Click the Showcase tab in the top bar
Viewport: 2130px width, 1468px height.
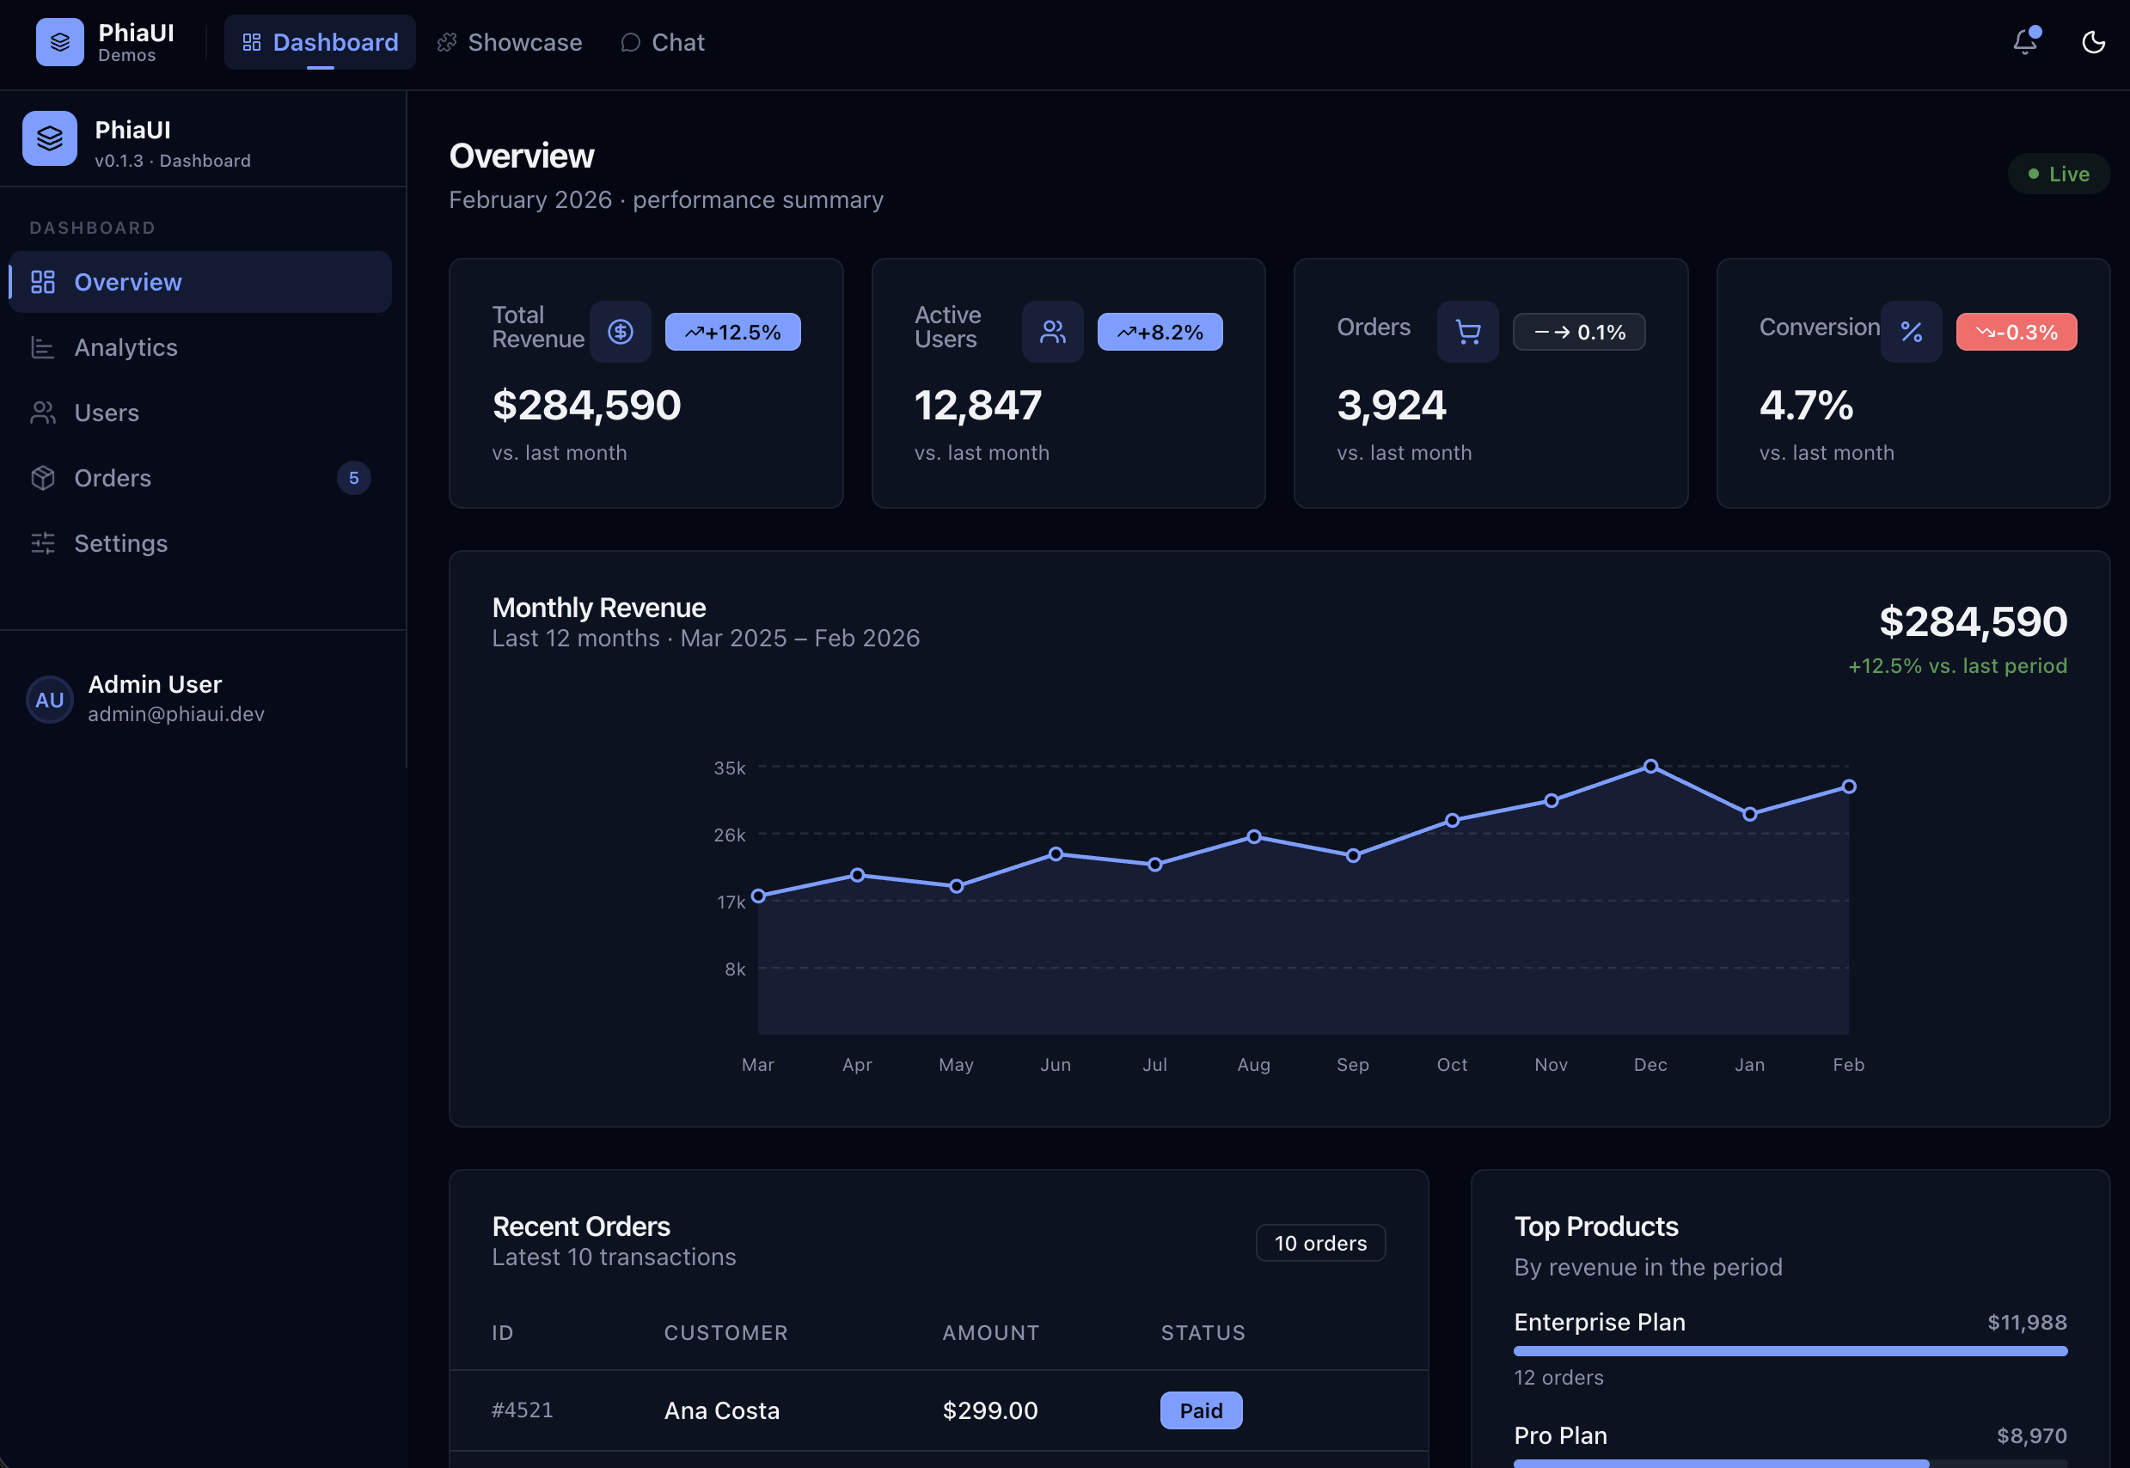[510, 42]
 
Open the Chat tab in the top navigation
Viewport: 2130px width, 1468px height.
[662, 42]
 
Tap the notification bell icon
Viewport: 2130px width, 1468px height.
[2024, 42]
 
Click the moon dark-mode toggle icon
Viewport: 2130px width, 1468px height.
[2093, 42]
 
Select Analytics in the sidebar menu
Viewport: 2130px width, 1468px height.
[126, 348]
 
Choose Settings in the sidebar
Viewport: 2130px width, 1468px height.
[120, 543]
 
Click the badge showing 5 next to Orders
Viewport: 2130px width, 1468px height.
[353, 478]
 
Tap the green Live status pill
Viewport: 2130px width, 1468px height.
[2059, 174]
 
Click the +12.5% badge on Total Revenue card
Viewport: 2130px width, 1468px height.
[732, 332]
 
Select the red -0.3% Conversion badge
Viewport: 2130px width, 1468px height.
[2015, 332]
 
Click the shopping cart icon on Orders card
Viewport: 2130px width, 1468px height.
[1468, 332]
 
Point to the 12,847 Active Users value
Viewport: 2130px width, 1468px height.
[977, 406]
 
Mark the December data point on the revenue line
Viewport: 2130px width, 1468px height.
[1651, 766]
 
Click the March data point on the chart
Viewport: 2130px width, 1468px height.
[759, 896]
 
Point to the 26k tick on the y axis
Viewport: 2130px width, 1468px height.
[729, 835]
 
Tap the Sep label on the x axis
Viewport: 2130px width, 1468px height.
[1353, 1064]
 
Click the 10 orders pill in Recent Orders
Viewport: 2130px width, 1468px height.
[1319, 1243]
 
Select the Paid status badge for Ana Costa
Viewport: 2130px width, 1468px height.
[1200, 1410]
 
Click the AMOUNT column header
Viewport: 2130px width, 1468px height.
[990, 1333]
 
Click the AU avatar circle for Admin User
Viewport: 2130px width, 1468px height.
[50, 700]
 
